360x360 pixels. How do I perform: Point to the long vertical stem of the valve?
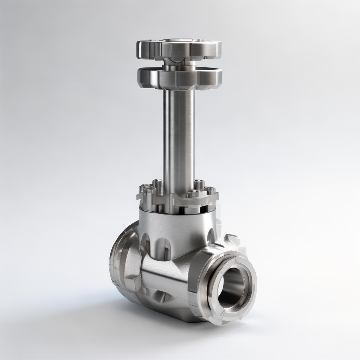tap(179, 141)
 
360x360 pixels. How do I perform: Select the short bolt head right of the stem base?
tap(193, 193)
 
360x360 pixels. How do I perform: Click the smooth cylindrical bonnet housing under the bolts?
tap(176, 225)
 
